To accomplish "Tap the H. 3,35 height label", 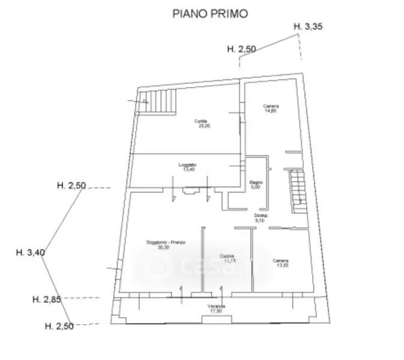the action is [x=308, y=26].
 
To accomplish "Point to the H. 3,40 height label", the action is [x=30, y=253].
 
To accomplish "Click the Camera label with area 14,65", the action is [x=271, y=106].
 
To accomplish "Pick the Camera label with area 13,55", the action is [x=280, y=260].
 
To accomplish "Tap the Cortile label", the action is [x=201, y=121].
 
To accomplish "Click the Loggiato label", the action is [x=187, y=165].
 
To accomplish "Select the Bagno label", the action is [x=256, y=182].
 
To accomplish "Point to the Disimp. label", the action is [x=261, y=215].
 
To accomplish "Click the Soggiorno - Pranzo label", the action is [x=166, y=242].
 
